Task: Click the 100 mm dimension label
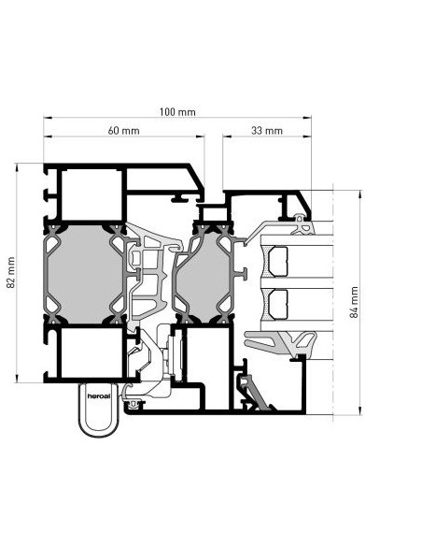(177, 112)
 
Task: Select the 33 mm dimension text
(267, 131)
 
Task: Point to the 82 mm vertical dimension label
(11, 272)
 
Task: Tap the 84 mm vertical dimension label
(354, 302)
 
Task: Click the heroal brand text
(99, 395)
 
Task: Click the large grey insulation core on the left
(85, 274)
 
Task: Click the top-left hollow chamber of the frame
(91, 194)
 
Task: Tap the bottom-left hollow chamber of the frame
(91, 352)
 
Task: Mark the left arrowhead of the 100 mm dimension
(48, 118)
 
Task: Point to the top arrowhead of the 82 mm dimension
(17, 167)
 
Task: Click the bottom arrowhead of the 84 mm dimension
(360, 410)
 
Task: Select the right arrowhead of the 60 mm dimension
(200, 136)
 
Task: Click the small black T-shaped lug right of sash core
(243, 274)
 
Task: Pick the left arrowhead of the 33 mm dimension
(227, 136)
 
